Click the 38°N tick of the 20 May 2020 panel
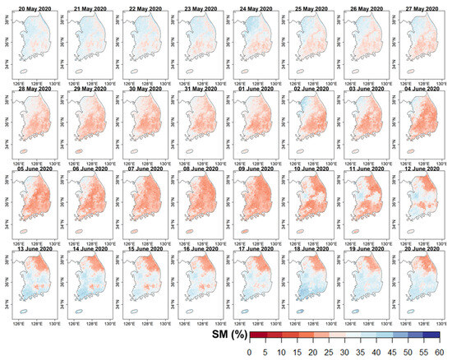7,22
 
